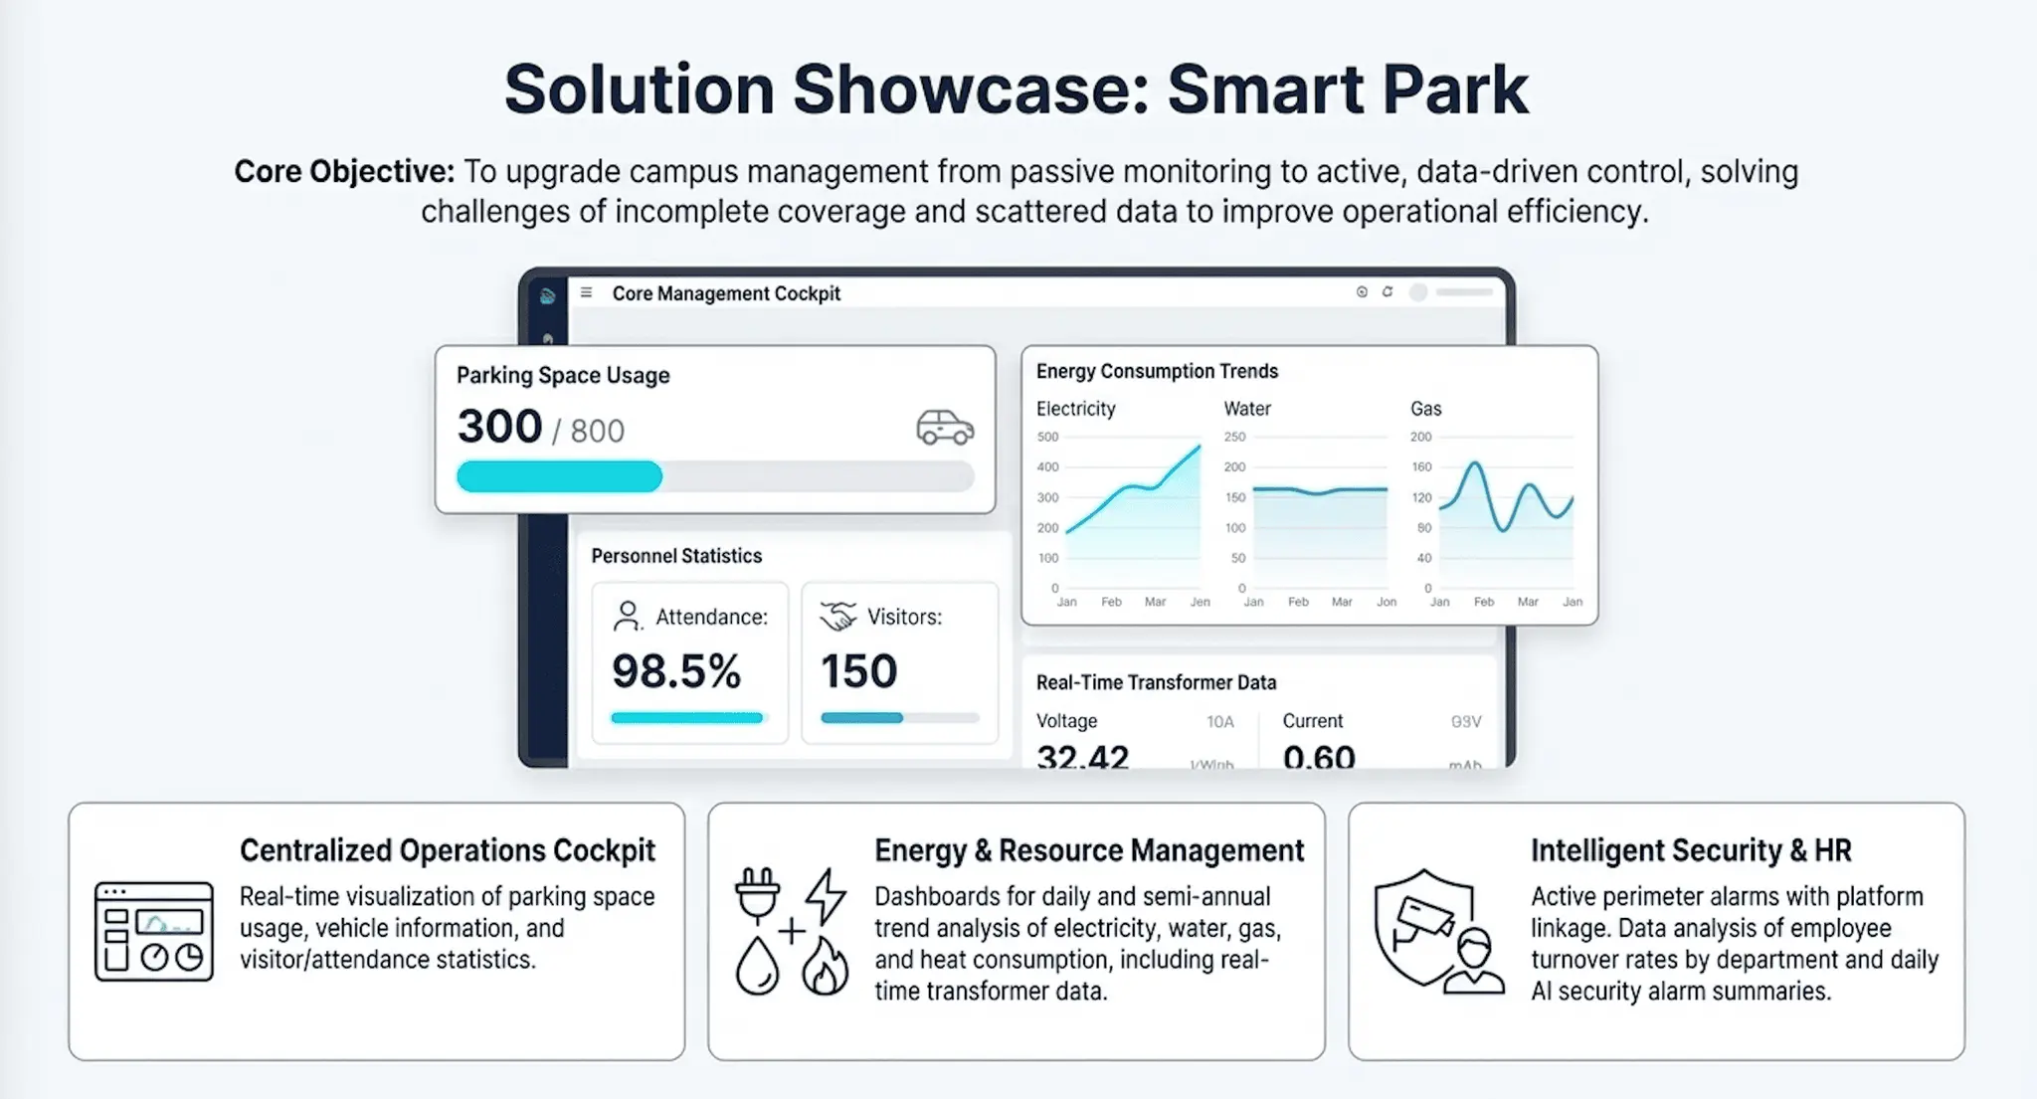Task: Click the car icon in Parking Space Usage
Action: [x=944, y=428]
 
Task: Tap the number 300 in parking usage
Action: [x=499, y=427]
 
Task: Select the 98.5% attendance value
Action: [x=676, y=671]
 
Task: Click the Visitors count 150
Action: [x=858, y=671]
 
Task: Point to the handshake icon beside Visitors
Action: [x=838, y=617]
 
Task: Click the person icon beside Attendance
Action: [x=627, y=617]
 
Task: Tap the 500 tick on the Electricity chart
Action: [x=1047, y=437]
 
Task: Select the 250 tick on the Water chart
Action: [x=1234, y=437]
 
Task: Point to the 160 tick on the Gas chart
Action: [x=1421, y=466]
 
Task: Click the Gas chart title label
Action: [x=1425, y=409]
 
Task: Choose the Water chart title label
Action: [x=1247, y=409]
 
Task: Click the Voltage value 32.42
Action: [x=1082, y=758]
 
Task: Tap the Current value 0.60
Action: [x=1319, y=758]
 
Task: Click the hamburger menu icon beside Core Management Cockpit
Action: [x=587, y=292]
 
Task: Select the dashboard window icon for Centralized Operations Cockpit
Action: [x=154, y=932]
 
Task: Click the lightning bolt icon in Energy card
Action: [x=826, y=896]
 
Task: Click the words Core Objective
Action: [x=344, y=172]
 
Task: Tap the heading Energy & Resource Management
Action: [x=1089, y=851]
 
